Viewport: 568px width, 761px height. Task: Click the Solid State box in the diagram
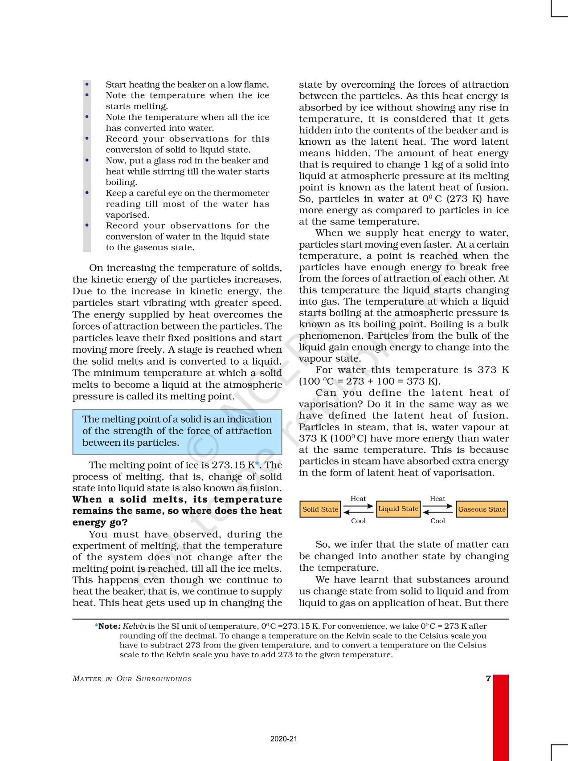point(320,509)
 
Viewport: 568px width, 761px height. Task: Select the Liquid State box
point(398,509)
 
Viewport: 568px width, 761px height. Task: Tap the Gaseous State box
point(482,509)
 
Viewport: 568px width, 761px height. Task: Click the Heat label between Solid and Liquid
point(358,499)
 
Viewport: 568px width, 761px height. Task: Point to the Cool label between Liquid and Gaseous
point(437,521)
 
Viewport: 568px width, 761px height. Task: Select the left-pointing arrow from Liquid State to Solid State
point(359,513)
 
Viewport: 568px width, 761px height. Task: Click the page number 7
point(488,679)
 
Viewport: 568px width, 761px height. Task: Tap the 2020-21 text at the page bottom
point(283,739)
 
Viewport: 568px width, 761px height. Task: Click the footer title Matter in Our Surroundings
point(132,679)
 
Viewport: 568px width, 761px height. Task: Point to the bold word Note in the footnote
point(109,627)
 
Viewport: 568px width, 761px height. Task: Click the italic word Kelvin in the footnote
point(135,627)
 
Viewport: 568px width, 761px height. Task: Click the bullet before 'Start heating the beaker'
point(87,84)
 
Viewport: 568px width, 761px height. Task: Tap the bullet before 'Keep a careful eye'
point(87,192)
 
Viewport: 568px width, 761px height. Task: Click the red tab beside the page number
point(501,717)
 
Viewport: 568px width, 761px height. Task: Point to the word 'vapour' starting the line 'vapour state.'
point(313,359)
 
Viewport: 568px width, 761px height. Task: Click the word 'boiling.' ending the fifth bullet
point(122,182)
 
